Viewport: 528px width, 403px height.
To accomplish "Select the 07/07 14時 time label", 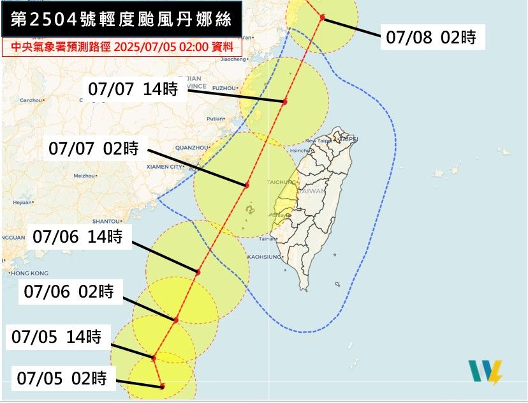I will (x=133, y=89).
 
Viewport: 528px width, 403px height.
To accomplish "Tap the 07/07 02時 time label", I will (x=94, y=149).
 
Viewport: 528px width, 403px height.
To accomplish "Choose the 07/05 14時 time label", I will (x=57, y=337).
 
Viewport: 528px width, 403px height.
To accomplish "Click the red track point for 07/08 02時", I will (x=323, y=17).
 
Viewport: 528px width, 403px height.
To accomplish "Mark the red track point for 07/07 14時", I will (x=285, y=102).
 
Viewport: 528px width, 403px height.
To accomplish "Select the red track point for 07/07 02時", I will (x=246, y=185).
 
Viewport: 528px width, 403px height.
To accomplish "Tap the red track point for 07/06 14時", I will (x=198, y=272).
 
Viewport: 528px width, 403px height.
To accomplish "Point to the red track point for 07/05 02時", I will (x=163, y=386).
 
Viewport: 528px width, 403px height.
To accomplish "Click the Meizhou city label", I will (x=84, y=175).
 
